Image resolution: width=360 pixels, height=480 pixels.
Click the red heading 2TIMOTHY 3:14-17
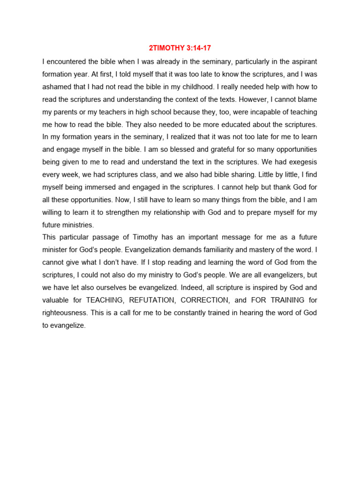tap(180, 48)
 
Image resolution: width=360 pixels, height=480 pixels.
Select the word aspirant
tap(304, 61)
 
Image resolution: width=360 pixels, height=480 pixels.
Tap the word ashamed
tap(57, 87)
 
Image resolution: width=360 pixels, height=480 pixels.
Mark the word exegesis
tap(300, 162)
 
